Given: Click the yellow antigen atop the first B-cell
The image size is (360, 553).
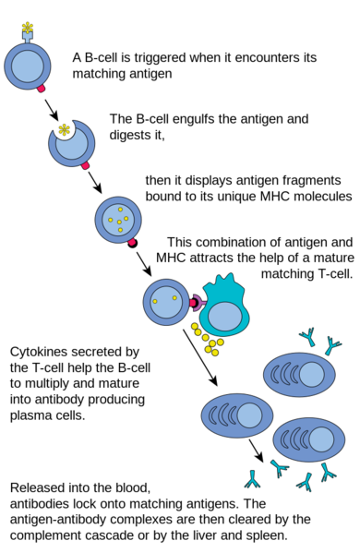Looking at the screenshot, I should pos(28,25).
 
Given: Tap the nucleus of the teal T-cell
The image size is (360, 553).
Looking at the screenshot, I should pos(225,318).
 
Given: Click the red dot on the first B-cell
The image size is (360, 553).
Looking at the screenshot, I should pos(42,90).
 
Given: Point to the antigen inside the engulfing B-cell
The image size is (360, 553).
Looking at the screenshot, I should pos(64,129).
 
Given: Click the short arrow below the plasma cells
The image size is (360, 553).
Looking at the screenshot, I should pos(256,451).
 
